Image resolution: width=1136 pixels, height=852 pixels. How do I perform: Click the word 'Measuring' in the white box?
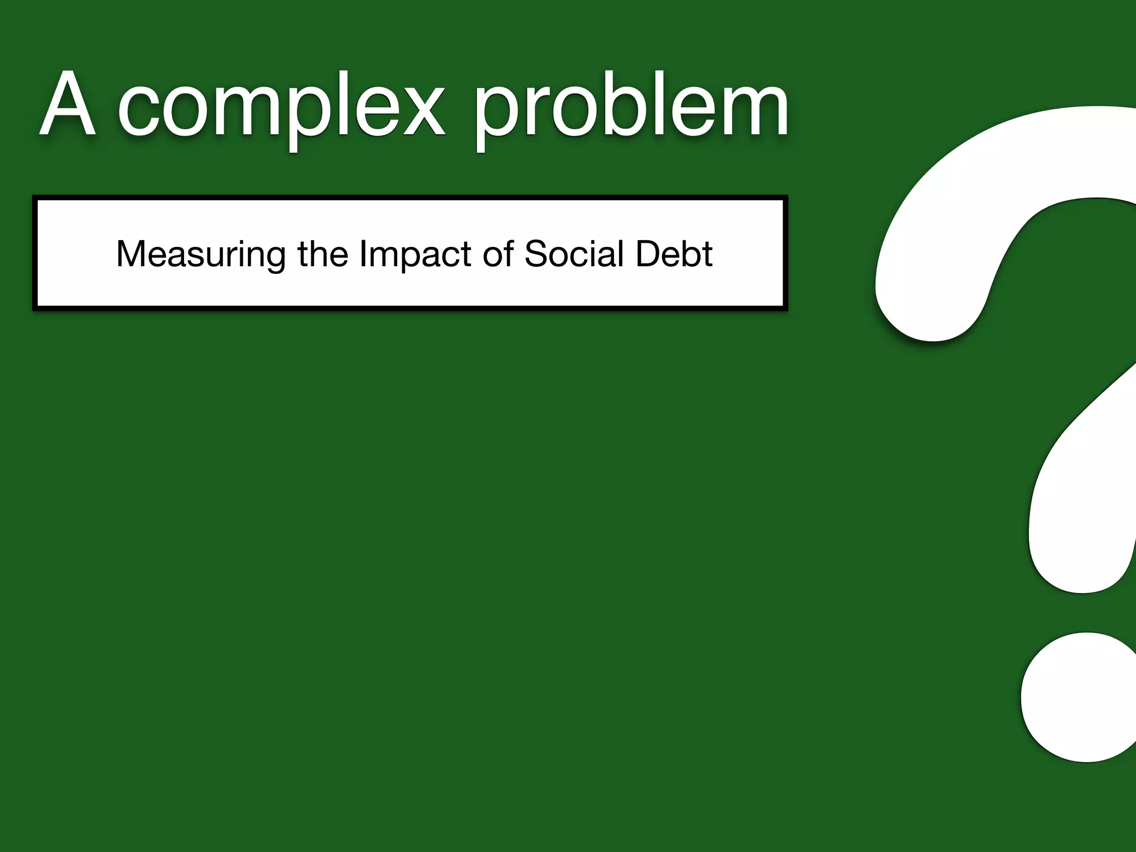point(201,254)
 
